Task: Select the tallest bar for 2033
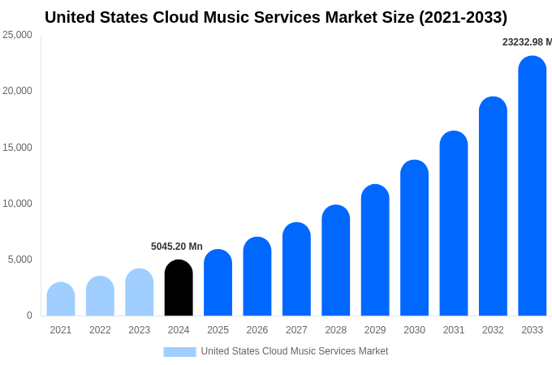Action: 532,187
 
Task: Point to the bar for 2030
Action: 414,238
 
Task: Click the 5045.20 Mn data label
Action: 177,247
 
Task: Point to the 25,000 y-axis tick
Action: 17,35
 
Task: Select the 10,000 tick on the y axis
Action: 17,204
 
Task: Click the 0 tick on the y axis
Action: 29,316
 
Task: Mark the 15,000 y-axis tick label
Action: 17,148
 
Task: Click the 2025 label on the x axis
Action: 218,330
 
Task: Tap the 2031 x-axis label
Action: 454,330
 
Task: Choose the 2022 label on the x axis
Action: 100,330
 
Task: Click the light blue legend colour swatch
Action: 179,351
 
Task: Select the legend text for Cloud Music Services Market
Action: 295,351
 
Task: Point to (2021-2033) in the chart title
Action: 463,17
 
